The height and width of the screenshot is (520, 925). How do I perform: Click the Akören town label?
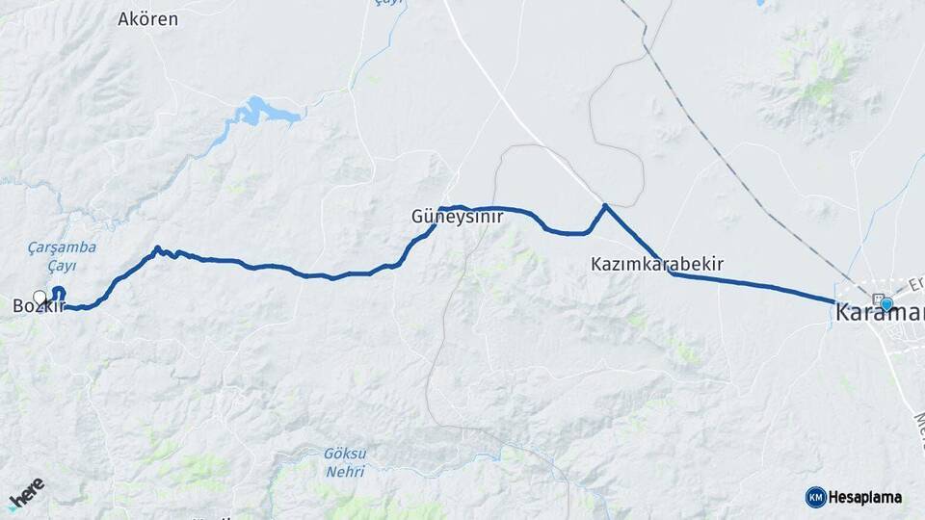click(x=147, y=18)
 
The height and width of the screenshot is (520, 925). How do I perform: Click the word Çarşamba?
click(x=63, y=247)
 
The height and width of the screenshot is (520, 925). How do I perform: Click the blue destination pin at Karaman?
click(x=886, y=304)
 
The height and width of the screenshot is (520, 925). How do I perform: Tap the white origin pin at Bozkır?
click(x=40, y=298)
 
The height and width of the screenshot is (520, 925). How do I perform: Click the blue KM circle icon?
click(x=815, y=497)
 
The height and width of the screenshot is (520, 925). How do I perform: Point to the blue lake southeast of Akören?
click(x=260, y=112)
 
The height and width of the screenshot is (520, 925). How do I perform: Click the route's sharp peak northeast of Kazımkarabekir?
click(x=605, y=205)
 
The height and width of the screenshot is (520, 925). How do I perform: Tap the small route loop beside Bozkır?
click(x=59, y=293)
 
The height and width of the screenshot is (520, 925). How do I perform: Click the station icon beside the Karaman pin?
click(x=876, y=298)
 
